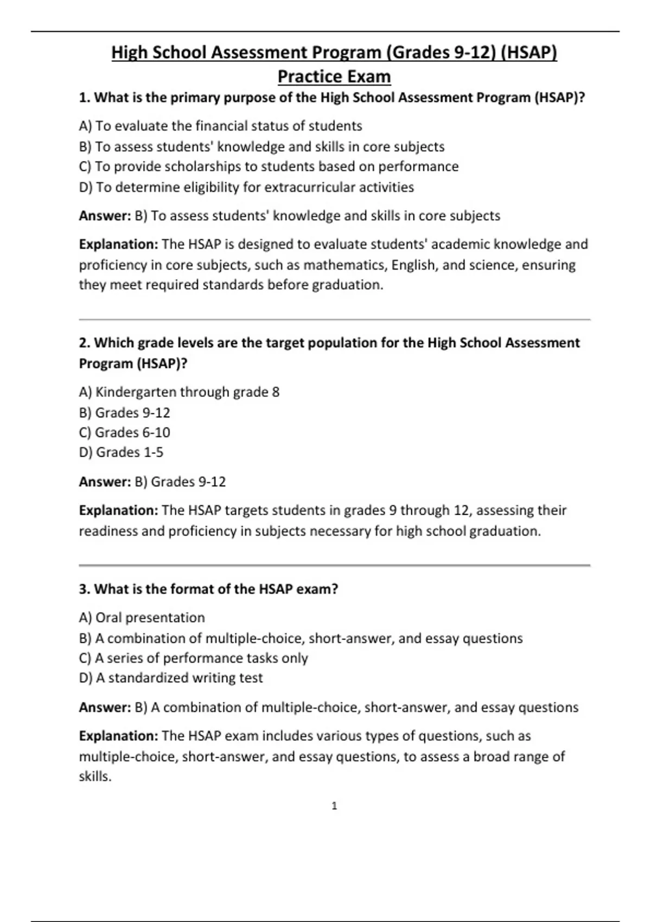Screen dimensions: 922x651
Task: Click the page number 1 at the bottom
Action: pyautogui.click(x=334, y=806)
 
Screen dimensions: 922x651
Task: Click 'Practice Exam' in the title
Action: pyautogui.click(x=334, y=76)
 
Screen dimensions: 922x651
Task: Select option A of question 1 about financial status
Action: pyautogui.click(x=220, y=126)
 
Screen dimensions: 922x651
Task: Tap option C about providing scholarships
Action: pyautogui.click(x=269, y=167)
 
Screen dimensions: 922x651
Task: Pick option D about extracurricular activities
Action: pyautogui.click(x=246, y=187)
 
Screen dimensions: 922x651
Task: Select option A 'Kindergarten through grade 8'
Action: pyautogui.click(x=179, y=392)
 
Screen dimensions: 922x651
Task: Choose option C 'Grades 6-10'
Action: pyautogui.click(x=124, y=432)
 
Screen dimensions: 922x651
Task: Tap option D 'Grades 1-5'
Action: pyautogui.click(x=121, y=452)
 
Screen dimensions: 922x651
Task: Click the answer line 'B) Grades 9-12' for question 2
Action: pyautogui.click(x=180, y=482)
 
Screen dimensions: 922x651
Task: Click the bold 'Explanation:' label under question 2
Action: pyautogui.click(x=118, y=510)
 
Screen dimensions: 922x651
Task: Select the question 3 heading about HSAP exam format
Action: pyautogui.click(x=208, y=589)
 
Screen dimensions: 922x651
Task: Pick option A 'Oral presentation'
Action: pyautogui.click(x=142, y=618)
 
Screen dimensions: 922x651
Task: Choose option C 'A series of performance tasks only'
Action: pyautogui.click(x=193, y=658)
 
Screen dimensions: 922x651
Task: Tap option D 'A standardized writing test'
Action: pyautogui.click(x=171, y=678)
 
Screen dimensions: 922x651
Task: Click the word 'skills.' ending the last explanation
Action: pyautogui.click(x=95, y=777)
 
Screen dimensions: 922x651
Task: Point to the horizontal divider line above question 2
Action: pyautogui.click(x=334, y=320)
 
